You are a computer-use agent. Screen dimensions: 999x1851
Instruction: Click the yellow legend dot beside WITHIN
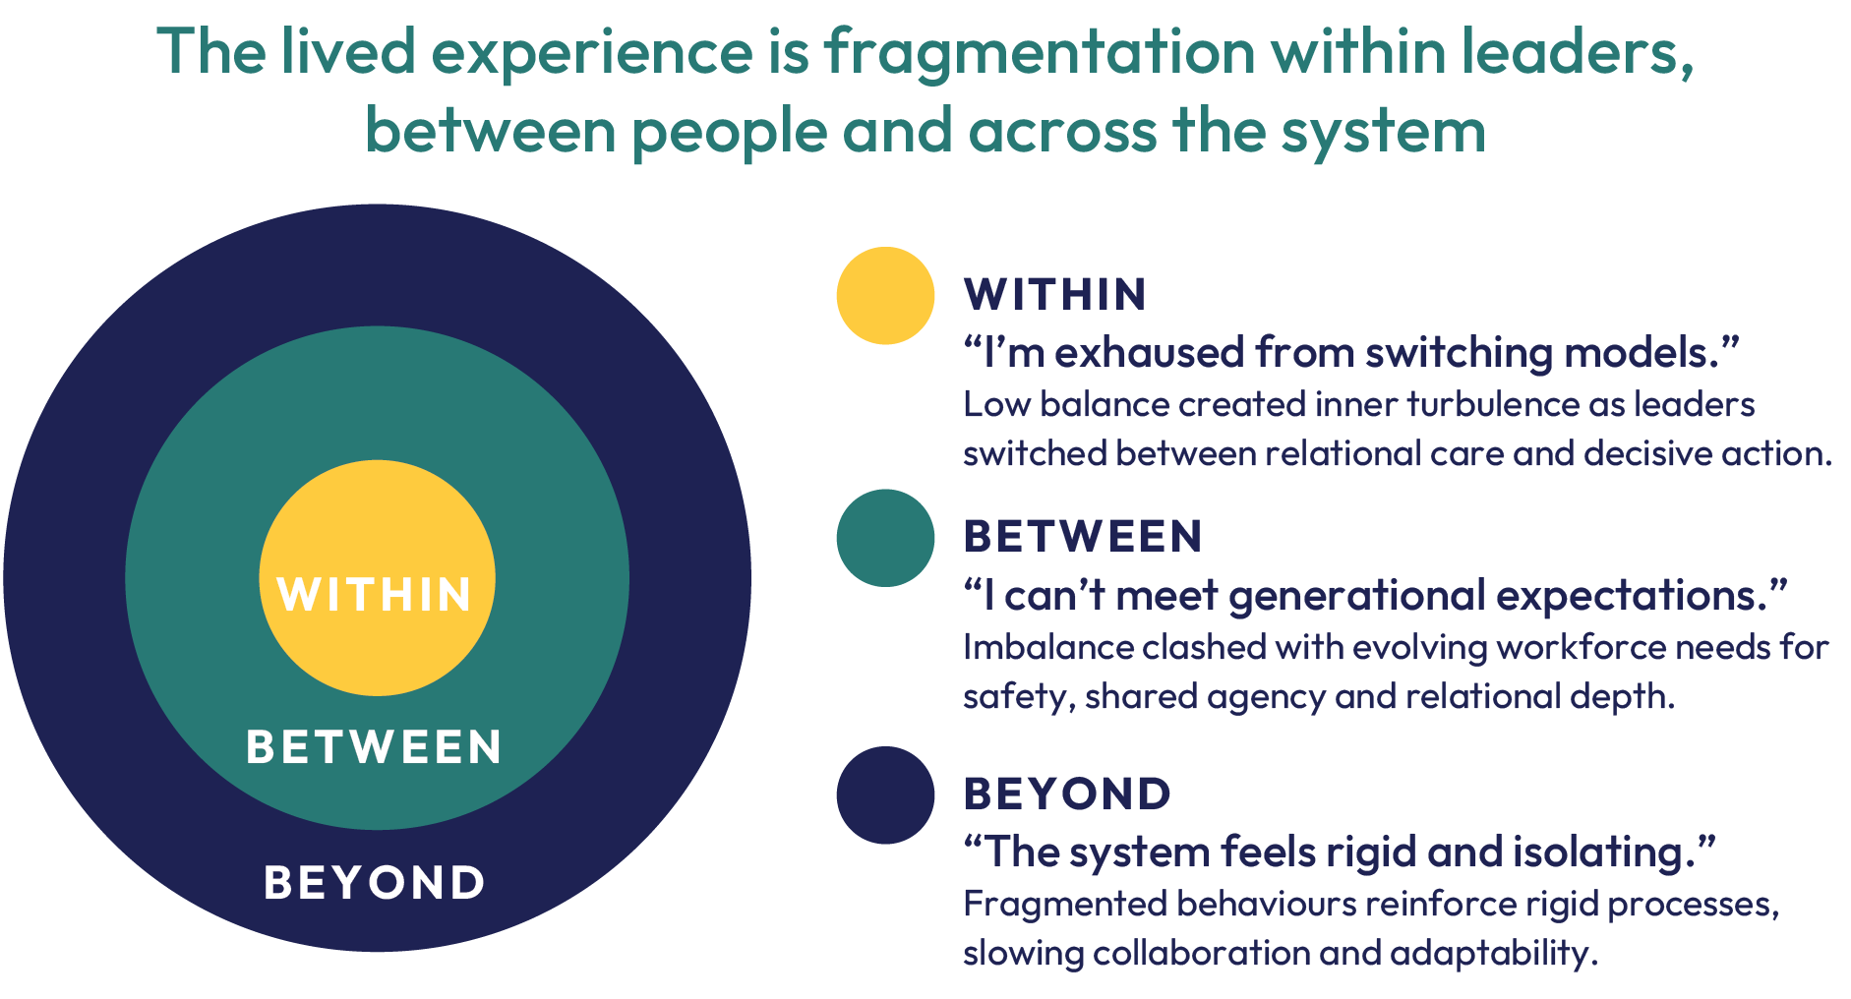pos(885,296)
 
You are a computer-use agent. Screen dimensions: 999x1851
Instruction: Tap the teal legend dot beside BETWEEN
pos(885,538)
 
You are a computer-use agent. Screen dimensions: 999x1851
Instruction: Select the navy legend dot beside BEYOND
pos(885,795)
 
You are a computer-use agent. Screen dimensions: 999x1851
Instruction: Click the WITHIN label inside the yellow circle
pos(375,595)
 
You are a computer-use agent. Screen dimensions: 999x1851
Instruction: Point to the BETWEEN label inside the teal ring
pos(374,746)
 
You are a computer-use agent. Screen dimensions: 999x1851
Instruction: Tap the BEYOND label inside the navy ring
pos(375,882)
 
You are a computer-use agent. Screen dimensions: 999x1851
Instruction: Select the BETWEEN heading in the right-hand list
pos(1082,537)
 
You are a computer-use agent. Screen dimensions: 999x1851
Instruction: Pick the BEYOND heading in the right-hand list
pos(1067,794)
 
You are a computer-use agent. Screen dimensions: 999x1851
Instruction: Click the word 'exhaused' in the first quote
pos(1149,353)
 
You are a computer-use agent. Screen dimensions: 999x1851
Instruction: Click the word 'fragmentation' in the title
pos(1041,52)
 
